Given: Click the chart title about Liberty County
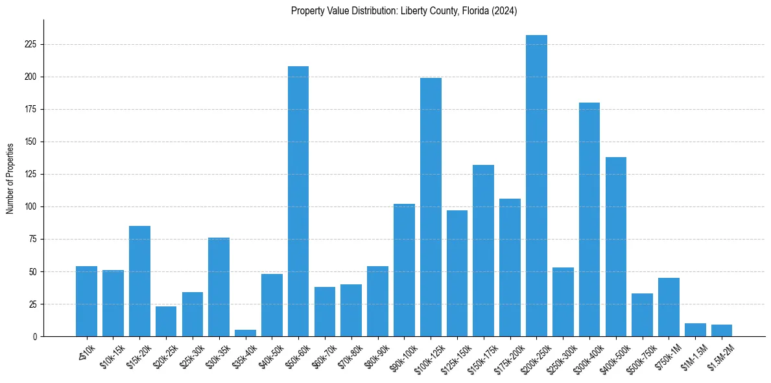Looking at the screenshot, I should click(403, 10).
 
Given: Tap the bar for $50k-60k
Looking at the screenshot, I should click(298, 201).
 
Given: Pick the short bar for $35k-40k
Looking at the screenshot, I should click(245, 333).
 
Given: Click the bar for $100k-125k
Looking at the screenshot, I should click(431, 207).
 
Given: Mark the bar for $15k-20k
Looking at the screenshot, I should click(139, 281).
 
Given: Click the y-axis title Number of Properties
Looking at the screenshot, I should click(10, 178).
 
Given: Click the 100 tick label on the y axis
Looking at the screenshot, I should click(32, 206).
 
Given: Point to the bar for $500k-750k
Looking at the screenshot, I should click(642, 315).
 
